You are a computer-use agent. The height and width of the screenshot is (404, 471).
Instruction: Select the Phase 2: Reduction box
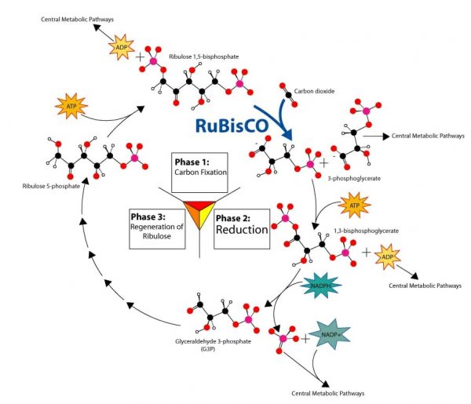coord(241,225)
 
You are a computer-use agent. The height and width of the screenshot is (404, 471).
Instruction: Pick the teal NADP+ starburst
coord(328,335)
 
